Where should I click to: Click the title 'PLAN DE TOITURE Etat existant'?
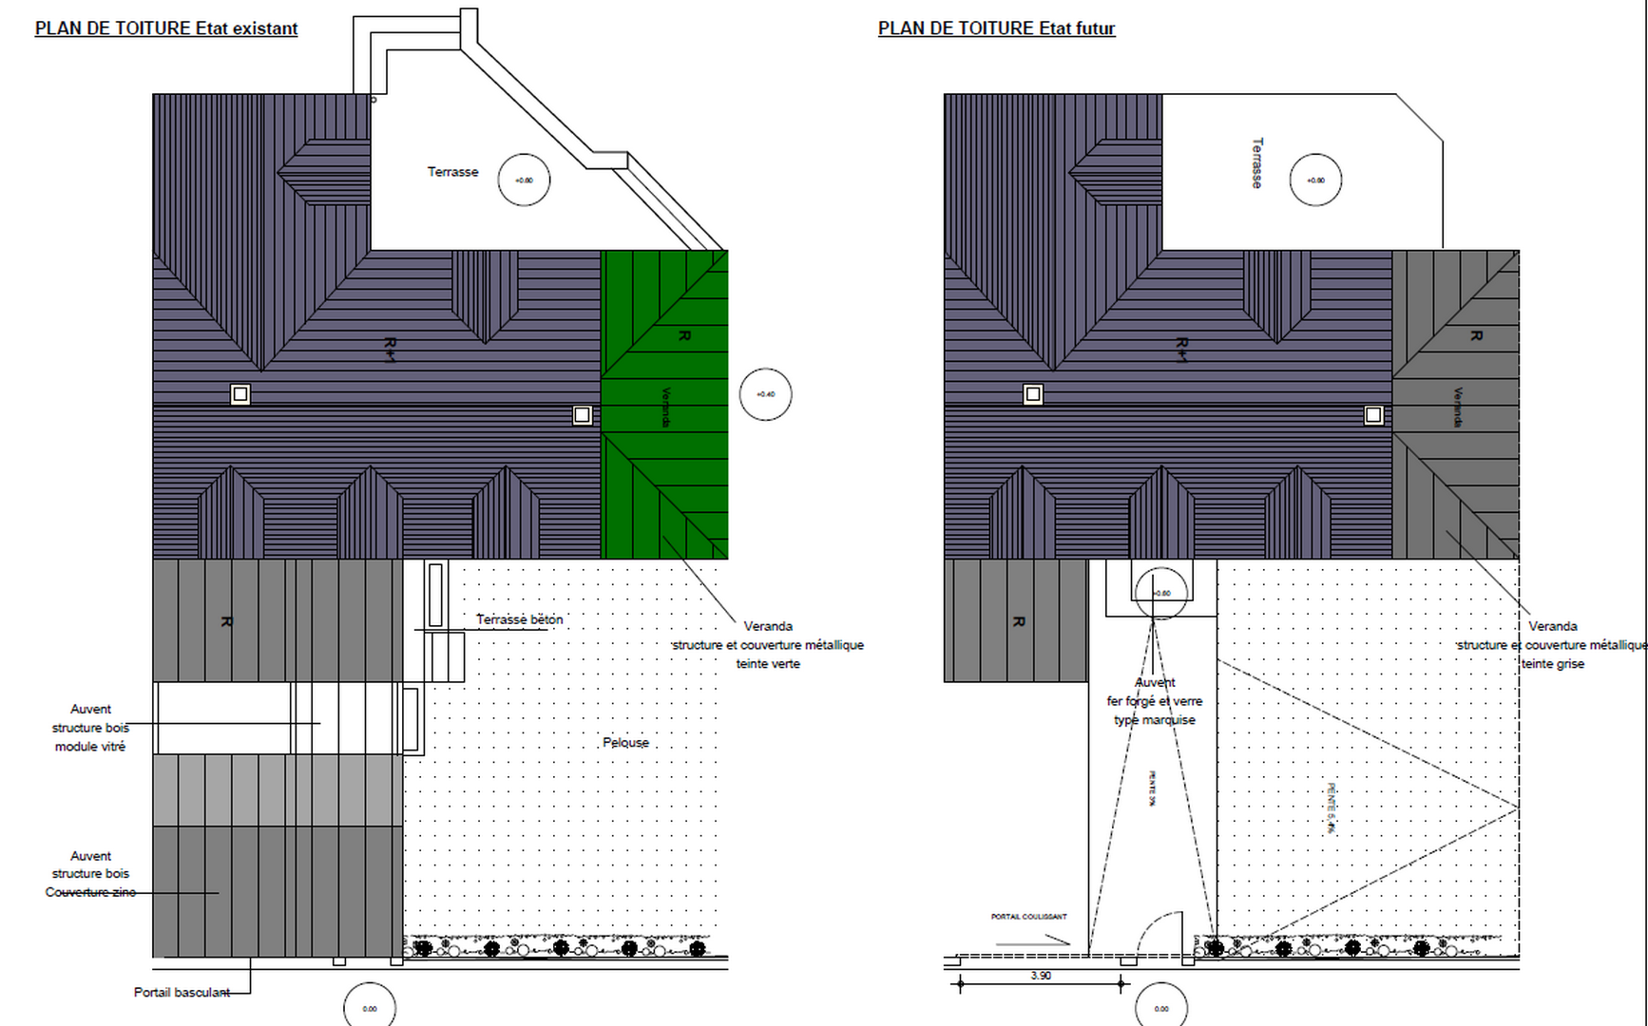click(166, 28)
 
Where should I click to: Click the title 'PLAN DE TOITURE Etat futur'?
click(996, 28)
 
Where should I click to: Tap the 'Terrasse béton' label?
click(519, 619)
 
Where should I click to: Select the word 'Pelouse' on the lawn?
click(625, 742)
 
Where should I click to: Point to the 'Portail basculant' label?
click(182, 992)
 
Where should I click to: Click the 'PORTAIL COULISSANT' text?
click(1028, 917)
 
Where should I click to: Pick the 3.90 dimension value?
click(1041, 976)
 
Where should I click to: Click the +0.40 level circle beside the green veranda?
click(765, 394)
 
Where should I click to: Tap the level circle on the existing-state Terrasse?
click(524, 180)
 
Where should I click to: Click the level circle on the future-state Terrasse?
click(1315, 180)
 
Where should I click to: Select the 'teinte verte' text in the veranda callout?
click(768, 663)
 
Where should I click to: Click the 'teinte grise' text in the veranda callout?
click(1553, 663)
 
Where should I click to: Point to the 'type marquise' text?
click(1155, 719)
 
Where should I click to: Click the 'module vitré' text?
click(90, 746)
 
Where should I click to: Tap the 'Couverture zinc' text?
click(90, 892)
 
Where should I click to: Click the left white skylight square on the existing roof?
click(240, 394)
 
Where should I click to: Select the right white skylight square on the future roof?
click(1373, 415)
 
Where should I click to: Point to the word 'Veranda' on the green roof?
click(666, 407)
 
